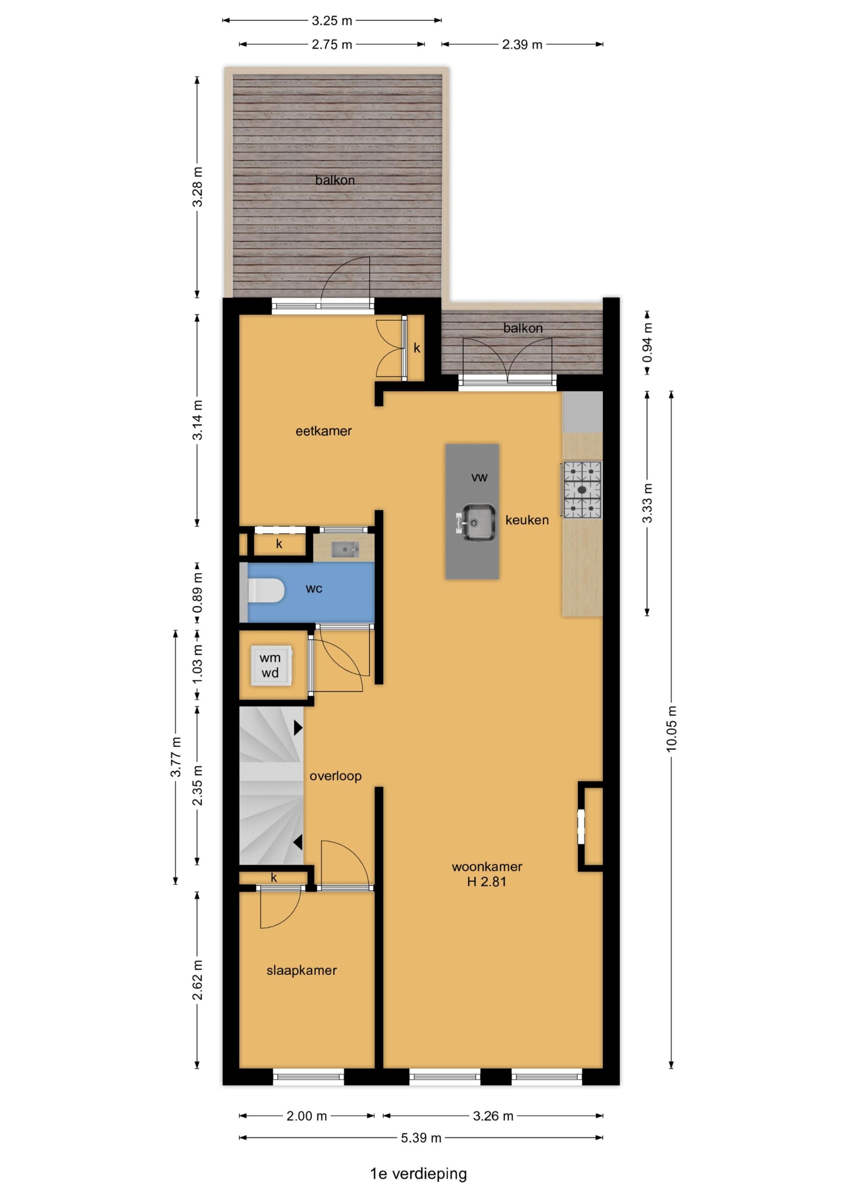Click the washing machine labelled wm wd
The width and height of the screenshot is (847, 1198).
coord(271,665)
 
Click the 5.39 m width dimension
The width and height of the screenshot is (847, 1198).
coord(421,1138)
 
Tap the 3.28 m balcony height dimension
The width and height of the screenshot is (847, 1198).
coord(197,187)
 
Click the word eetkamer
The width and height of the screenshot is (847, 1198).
coord(323,431)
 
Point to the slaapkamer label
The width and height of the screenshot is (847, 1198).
coord(302,970)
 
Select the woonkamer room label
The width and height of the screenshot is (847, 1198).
coord(487,867)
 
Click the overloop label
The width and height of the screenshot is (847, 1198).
coord(336,776)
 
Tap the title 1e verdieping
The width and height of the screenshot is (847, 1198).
coord(419,1175)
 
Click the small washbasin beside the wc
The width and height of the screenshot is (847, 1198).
coord(345,548)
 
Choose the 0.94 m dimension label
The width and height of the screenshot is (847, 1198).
coord(647,343)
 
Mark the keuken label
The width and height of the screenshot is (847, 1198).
coord(527,520)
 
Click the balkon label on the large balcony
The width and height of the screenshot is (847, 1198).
coord(335,180)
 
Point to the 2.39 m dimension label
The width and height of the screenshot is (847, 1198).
coord(522,45)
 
